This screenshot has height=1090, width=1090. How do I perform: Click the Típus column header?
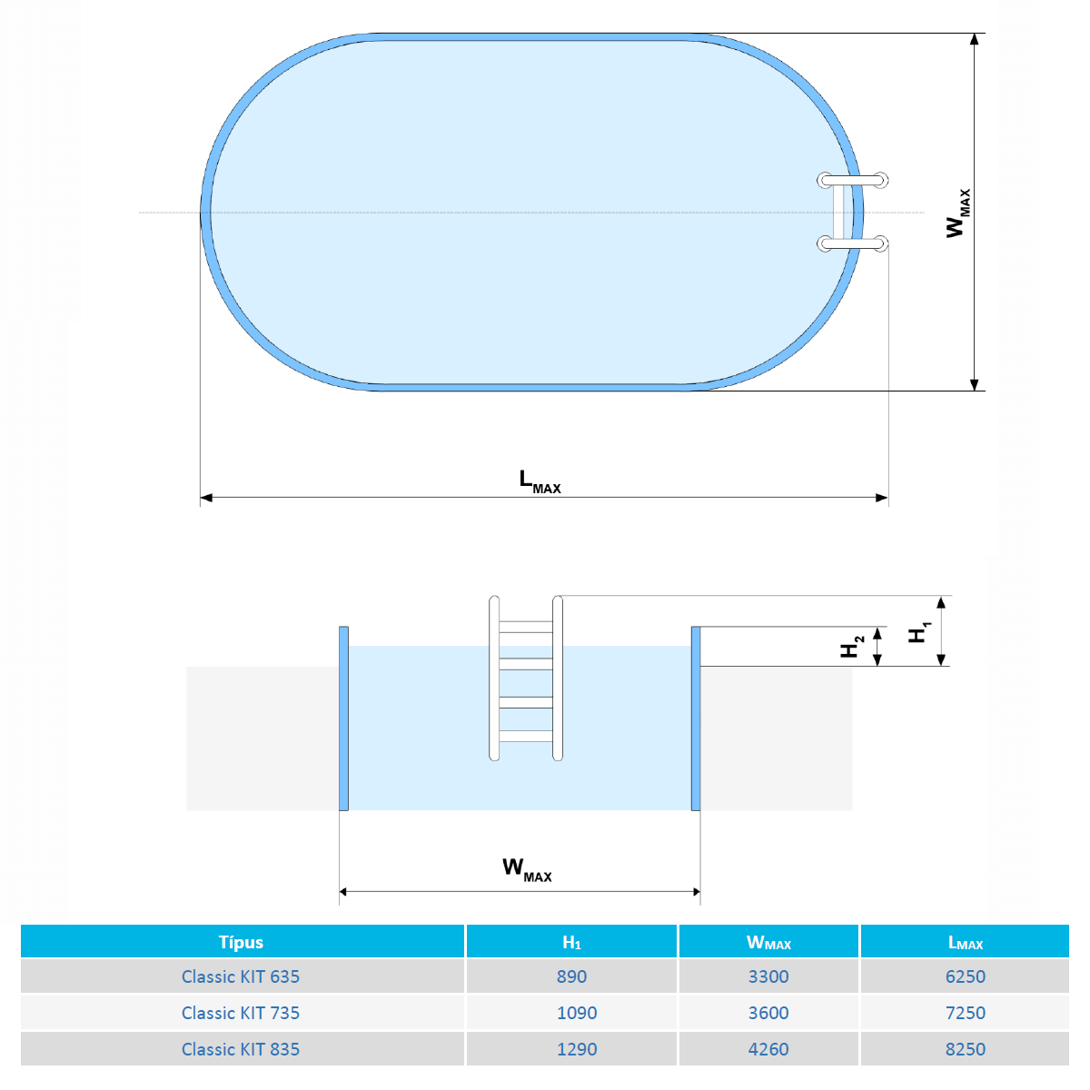click(x=241, y=942)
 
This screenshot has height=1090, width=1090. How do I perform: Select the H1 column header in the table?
click(x=571, y=942)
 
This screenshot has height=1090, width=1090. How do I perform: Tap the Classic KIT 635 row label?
click(x=241, y=976)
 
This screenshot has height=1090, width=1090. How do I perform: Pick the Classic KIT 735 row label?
click(x=241, y=1013)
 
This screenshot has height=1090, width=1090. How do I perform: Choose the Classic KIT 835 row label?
click(x=241, y=1049)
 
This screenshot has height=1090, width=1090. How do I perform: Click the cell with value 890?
click(x=571, y=976)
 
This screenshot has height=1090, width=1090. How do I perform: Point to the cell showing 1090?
click(x=577, y=1013)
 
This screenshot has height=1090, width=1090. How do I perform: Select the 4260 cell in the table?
click(x=768, y=1049)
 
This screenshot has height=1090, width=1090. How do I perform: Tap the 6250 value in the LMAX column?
click(x=965, y=976)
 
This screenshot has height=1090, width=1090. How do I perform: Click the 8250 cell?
click(x=965, y=1049)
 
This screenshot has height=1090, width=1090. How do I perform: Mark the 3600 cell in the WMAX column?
click(x=768, y=1013)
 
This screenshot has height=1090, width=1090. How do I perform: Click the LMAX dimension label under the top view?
click(x=540, y=481)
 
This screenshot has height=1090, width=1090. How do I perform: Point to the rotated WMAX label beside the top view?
click(x=957, y=213)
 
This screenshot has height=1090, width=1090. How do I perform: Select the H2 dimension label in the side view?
click(x=851, y=647)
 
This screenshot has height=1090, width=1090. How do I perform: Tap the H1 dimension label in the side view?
click(x=920, y=632)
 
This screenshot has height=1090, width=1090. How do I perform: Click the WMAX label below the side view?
click(x=527, y=869)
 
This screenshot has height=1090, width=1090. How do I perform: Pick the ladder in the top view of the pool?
click(x=852, y=212)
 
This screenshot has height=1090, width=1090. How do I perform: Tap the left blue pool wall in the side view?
click(x=343, y=718)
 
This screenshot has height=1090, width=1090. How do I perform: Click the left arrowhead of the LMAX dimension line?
click(x=206, y=498)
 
